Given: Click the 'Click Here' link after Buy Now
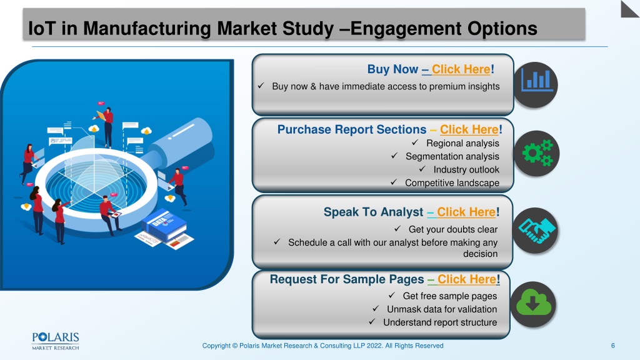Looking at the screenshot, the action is click(461, 69).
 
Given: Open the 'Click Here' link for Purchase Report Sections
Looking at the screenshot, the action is click(469, 129).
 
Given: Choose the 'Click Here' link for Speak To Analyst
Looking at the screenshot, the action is click(466, 212).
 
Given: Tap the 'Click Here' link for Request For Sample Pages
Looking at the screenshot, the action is click(466, 279).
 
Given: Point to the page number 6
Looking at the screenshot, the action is click(612, 346).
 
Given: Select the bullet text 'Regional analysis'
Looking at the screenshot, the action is click(462, 143).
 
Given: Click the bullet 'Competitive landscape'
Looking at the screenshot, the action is click(452, 183).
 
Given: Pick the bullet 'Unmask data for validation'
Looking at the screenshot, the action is click(442, 309).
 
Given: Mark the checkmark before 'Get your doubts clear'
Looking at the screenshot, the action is click(397, 229).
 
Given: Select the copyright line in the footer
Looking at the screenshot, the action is click(322, 346).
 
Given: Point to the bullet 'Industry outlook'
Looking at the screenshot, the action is click(466, 169).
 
